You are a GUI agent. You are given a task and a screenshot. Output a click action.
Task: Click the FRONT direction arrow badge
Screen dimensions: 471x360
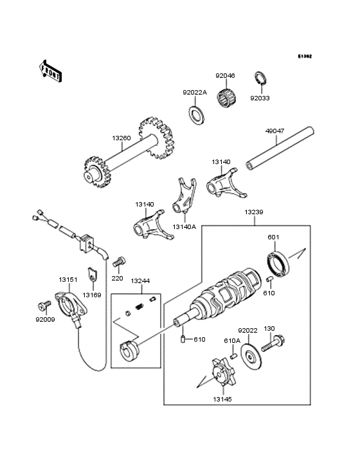pos(51,71)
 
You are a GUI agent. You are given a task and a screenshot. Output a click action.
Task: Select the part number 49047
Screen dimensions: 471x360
pos(275,131)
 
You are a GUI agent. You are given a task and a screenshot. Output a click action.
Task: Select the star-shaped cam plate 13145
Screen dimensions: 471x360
pos(222,373)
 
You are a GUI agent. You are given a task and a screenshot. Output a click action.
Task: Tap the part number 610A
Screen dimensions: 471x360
pos(231,340)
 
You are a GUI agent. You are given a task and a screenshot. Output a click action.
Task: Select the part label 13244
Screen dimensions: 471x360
pos(140,281)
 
